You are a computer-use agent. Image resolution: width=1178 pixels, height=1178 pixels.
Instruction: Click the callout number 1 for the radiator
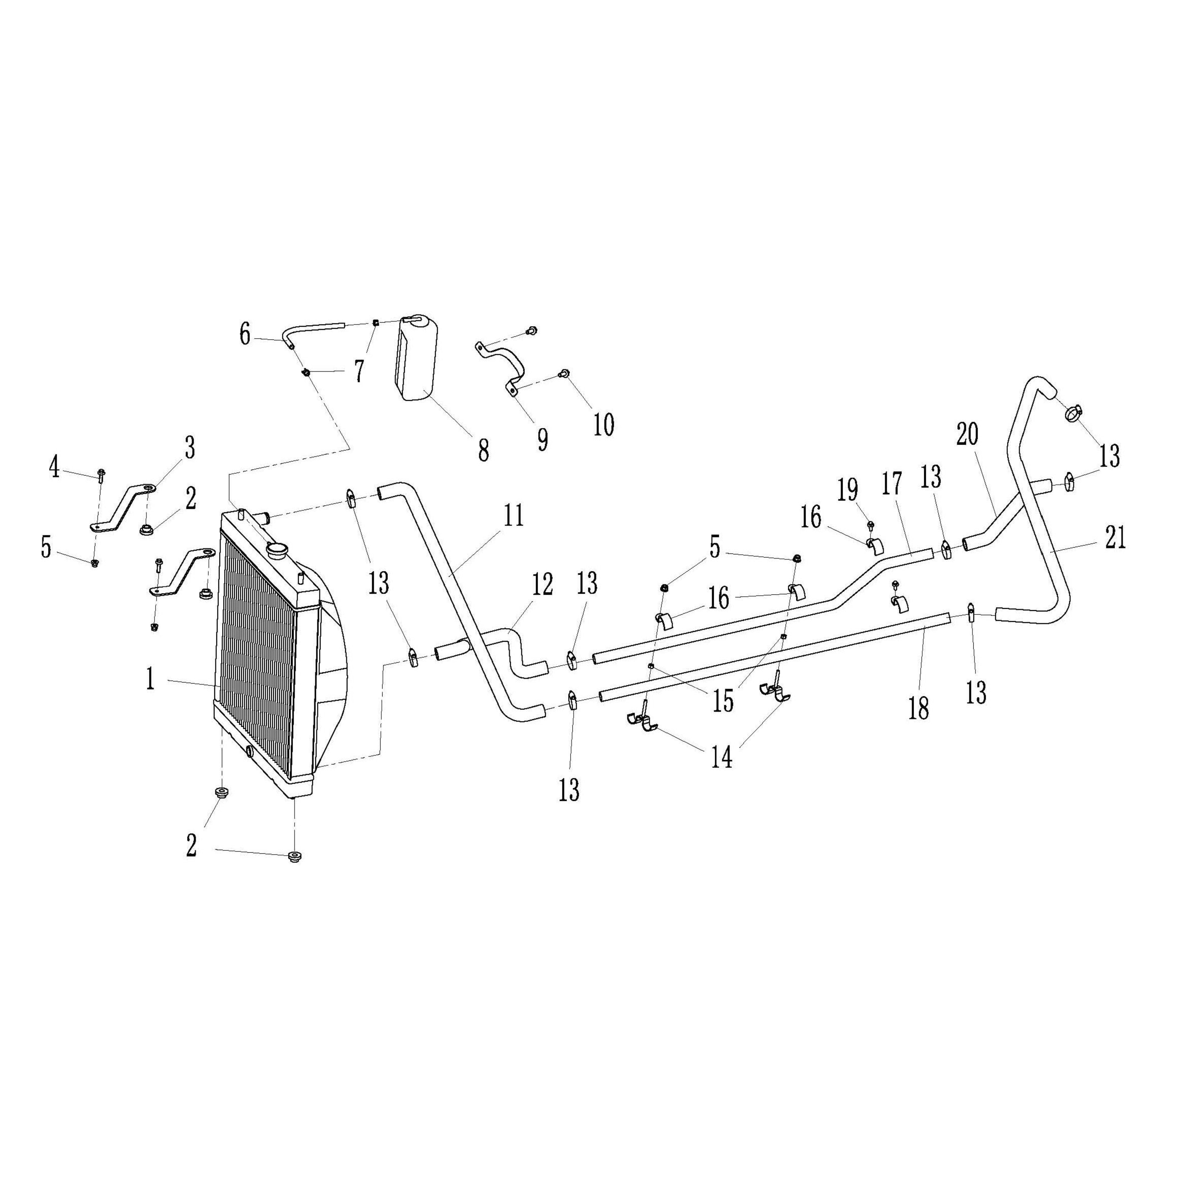[150, 679]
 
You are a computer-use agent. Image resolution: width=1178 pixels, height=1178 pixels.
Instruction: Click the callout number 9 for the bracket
[542, 439]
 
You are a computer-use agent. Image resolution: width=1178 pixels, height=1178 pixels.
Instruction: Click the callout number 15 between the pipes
[723, 702]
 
